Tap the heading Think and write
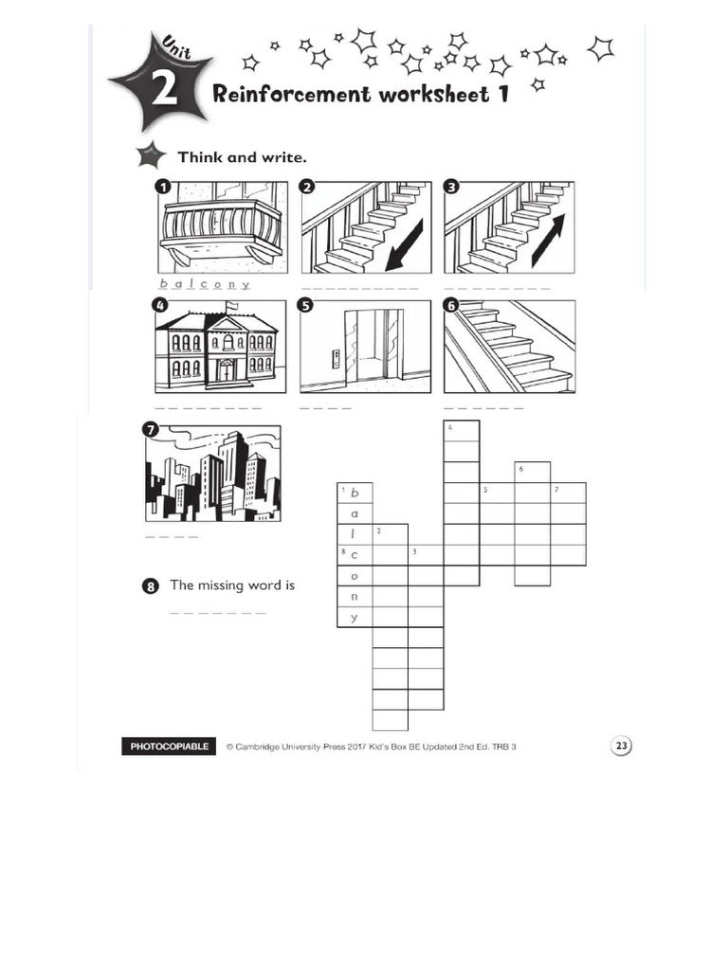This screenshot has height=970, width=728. pos(243,156)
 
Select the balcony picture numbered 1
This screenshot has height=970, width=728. pos(220,227)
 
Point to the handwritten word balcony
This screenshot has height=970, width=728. pos(204,283)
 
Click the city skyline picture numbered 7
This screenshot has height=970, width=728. pos(212,474)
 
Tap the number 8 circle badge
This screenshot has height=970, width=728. pos(151,586)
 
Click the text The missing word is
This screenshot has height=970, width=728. pos(232,585)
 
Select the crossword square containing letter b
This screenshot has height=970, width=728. pos(355,493)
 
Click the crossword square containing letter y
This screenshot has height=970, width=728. pos(355,618)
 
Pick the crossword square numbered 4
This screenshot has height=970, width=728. pos(462,431)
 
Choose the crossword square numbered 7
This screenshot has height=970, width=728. pos(568,493)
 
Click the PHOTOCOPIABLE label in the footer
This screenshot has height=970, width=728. pos(170,746)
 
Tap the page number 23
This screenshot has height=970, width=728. pos(621,745)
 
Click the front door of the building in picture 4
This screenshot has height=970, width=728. pos(227,369)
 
